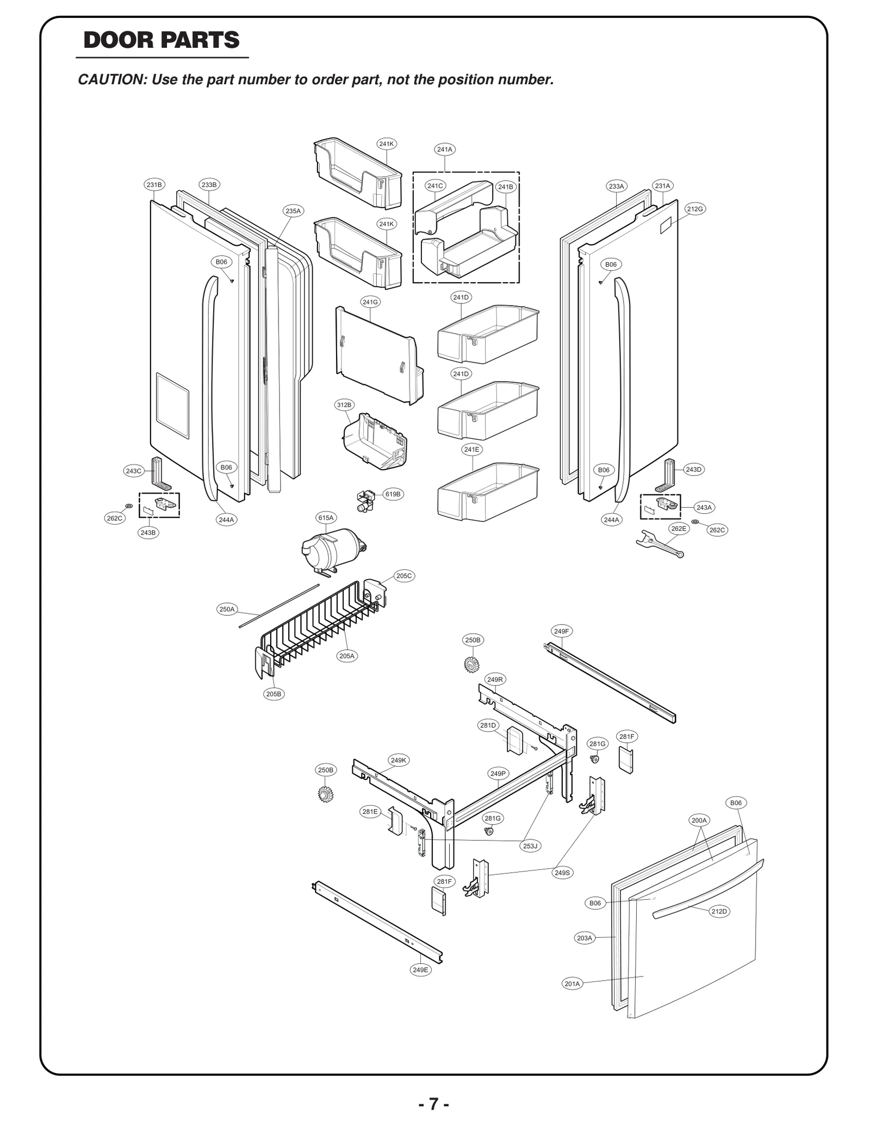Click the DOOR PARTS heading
(161, 41)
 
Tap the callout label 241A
(444, 149)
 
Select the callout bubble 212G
(694, 209)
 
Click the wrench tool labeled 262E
(658, 544)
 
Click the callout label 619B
(393, 494)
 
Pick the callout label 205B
(274, 694)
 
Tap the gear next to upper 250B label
(471, 664)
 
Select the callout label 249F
(561, 631)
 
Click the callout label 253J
(530, 846)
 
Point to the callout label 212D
(719, 911)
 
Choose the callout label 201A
(572, 983)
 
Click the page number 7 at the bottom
(433, 1104)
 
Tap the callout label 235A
(293, 211)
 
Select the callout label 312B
(344, 404)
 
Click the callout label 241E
(472, 450)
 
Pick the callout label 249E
(420, 969)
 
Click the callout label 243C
(134, 471)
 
